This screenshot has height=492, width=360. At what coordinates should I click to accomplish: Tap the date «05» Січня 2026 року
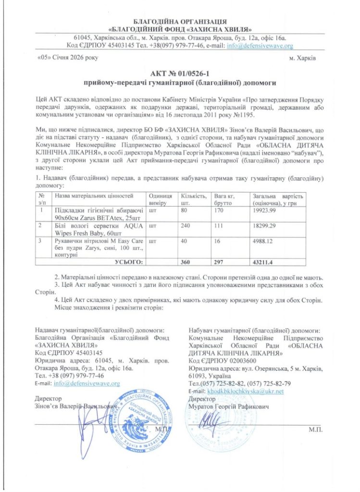(x=67, y=58)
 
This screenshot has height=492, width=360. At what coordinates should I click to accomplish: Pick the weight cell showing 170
(x=220, y=210)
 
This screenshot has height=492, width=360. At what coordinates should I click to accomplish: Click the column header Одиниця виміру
(x=161, y=199)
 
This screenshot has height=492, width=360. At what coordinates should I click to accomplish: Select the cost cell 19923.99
(x=263, y=210)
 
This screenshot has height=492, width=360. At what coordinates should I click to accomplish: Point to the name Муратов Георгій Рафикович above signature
(x=229, y=406)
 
